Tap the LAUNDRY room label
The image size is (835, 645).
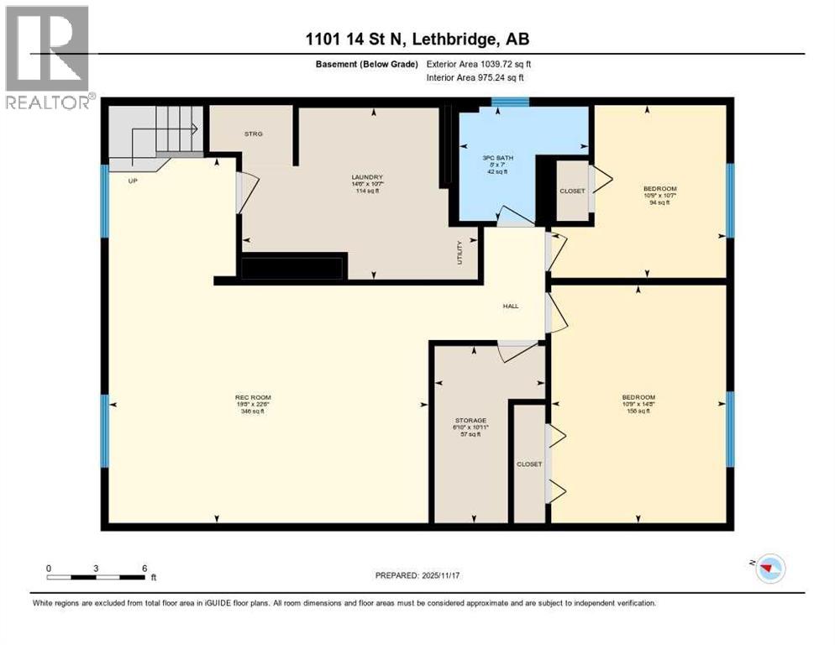point(367,177)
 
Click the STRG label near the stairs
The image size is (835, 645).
point(254,133)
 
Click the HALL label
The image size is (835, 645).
point(510,306)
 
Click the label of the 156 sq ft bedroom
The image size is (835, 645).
point(638,397)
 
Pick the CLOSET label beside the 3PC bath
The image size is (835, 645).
point(572,191)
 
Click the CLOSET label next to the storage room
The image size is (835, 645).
point(529,464)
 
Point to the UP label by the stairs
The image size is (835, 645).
point(133,180)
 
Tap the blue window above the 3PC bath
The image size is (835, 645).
point(510,102)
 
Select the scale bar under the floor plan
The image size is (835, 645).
point(97,577)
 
